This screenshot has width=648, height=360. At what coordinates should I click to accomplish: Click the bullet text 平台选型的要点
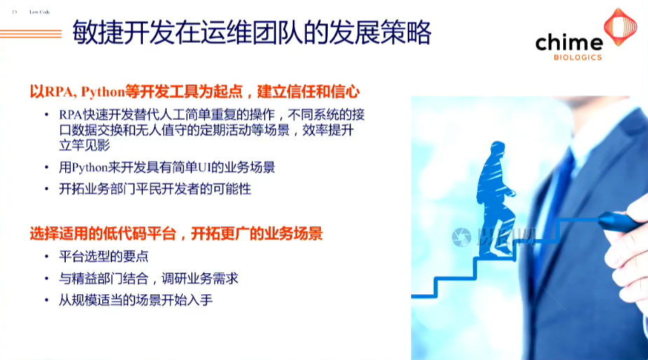click(x=104, y=256)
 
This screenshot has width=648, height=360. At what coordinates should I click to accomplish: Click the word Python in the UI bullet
click(x=90, y=168)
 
